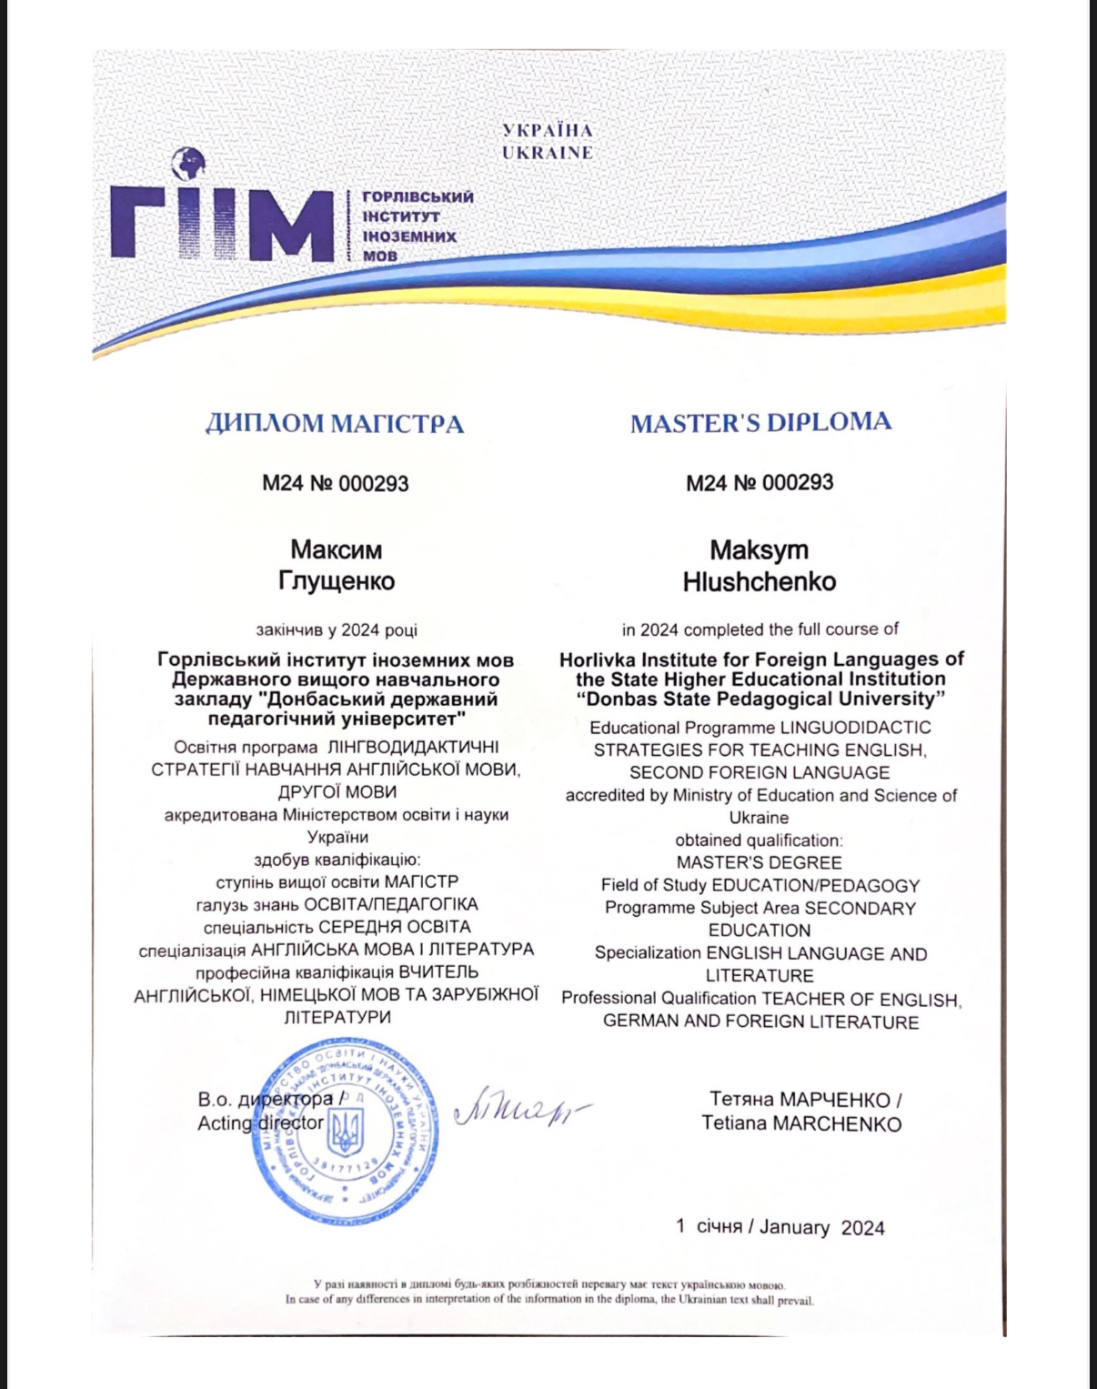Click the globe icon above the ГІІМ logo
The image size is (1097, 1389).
coord(188,166)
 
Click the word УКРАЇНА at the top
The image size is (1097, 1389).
coord(548,131)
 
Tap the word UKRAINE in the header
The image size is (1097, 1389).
coord(548,153)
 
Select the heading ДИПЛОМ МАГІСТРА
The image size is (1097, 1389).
coord(335,423)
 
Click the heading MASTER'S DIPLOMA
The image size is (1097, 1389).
coord(760,422)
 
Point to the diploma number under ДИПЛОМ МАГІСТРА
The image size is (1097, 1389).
coord(336,483)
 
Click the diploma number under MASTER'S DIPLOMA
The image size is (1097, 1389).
coord(760,482)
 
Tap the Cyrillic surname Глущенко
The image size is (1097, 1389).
coord(337,580)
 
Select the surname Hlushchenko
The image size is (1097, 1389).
coord(760,581)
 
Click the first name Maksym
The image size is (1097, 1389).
coord(760,549)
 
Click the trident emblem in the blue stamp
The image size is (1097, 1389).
coord(346,1132)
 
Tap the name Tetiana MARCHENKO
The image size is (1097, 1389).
coord(801,1123)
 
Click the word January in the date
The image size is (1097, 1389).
coord(794,1227)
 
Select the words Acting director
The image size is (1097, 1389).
coord(260,1122)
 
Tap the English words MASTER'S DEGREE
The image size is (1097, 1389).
coord(760,862)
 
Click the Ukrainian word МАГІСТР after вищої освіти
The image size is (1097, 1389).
coord(422,881)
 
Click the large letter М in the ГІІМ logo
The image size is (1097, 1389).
coord(290,223)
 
